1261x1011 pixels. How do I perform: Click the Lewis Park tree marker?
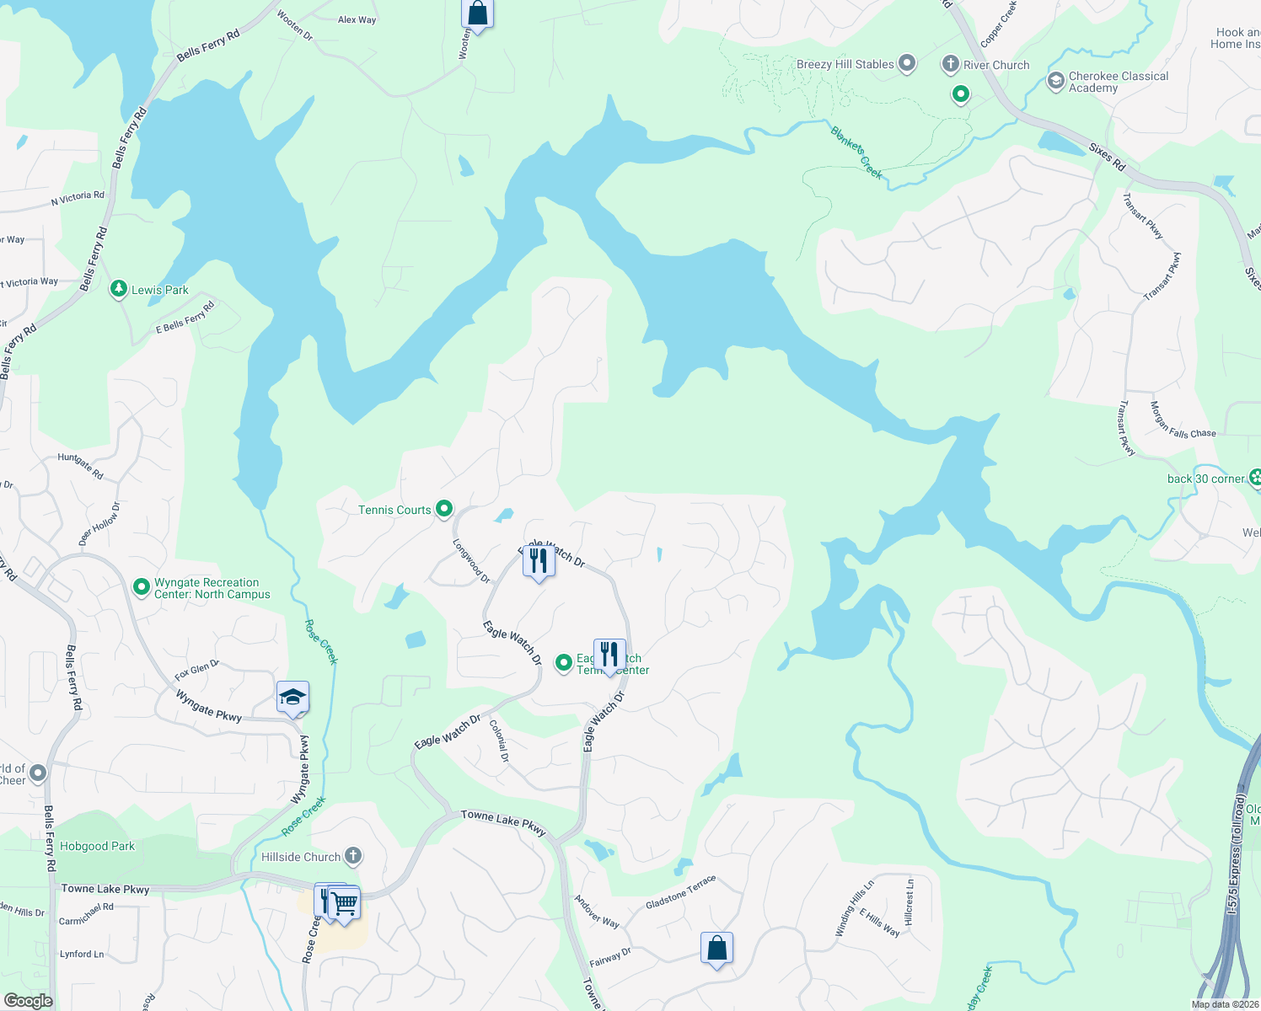[119, 289]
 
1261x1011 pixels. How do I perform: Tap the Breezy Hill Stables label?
[845, 64]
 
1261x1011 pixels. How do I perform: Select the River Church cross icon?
[951, 64]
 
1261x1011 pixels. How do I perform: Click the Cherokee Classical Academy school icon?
[1055, 81]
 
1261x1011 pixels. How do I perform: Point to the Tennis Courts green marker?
[444, 509]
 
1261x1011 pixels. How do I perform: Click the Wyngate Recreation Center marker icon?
[142, 586]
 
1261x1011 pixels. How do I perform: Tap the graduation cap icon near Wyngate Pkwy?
[292, 698]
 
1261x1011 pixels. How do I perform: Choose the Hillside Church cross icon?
[353, 856]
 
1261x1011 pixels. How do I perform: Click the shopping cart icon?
[345, 904]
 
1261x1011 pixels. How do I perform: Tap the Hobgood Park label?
[97, 846]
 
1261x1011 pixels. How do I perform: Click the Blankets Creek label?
[856, 152]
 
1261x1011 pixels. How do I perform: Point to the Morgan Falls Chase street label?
[1182, 420]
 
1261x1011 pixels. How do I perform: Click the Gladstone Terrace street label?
[680, 891]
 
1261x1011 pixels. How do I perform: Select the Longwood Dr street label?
[471, 561]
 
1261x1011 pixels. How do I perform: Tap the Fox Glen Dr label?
[196, 670]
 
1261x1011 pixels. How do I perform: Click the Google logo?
[28, 1000]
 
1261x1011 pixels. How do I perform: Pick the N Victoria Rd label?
[78, 198]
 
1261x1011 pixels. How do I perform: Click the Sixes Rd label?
[1107, 157]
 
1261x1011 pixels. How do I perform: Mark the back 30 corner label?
[1205, 479]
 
